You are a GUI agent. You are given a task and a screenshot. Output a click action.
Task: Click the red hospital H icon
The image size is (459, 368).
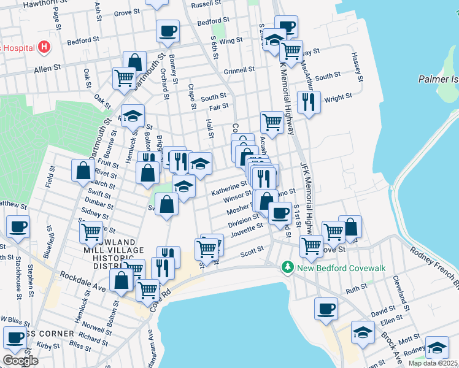[44, 47]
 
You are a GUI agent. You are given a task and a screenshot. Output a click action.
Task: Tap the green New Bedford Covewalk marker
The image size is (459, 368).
[286, 267]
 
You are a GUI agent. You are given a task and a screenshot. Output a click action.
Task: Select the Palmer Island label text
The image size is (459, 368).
[438, 79]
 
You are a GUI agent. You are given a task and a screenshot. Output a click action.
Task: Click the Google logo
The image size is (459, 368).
[20, 360]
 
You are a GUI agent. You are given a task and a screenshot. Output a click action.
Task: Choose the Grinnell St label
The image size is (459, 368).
[239, 71]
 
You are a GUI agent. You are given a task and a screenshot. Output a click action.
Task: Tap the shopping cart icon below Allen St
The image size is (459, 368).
[124, 78]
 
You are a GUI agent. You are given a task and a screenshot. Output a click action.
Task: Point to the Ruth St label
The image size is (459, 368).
[356, 288]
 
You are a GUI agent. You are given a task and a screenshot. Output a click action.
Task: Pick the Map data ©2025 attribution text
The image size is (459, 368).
[433, 363]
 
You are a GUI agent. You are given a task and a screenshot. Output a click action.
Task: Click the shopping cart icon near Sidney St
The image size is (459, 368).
[91, 232]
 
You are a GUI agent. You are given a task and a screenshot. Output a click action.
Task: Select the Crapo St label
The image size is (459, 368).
[191, 97]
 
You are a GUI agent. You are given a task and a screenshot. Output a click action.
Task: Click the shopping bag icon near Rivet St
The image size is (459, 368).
[83, 172]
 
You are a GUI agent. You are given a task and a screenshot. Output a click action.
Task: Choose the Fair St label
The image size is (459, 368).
[219, 107]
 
